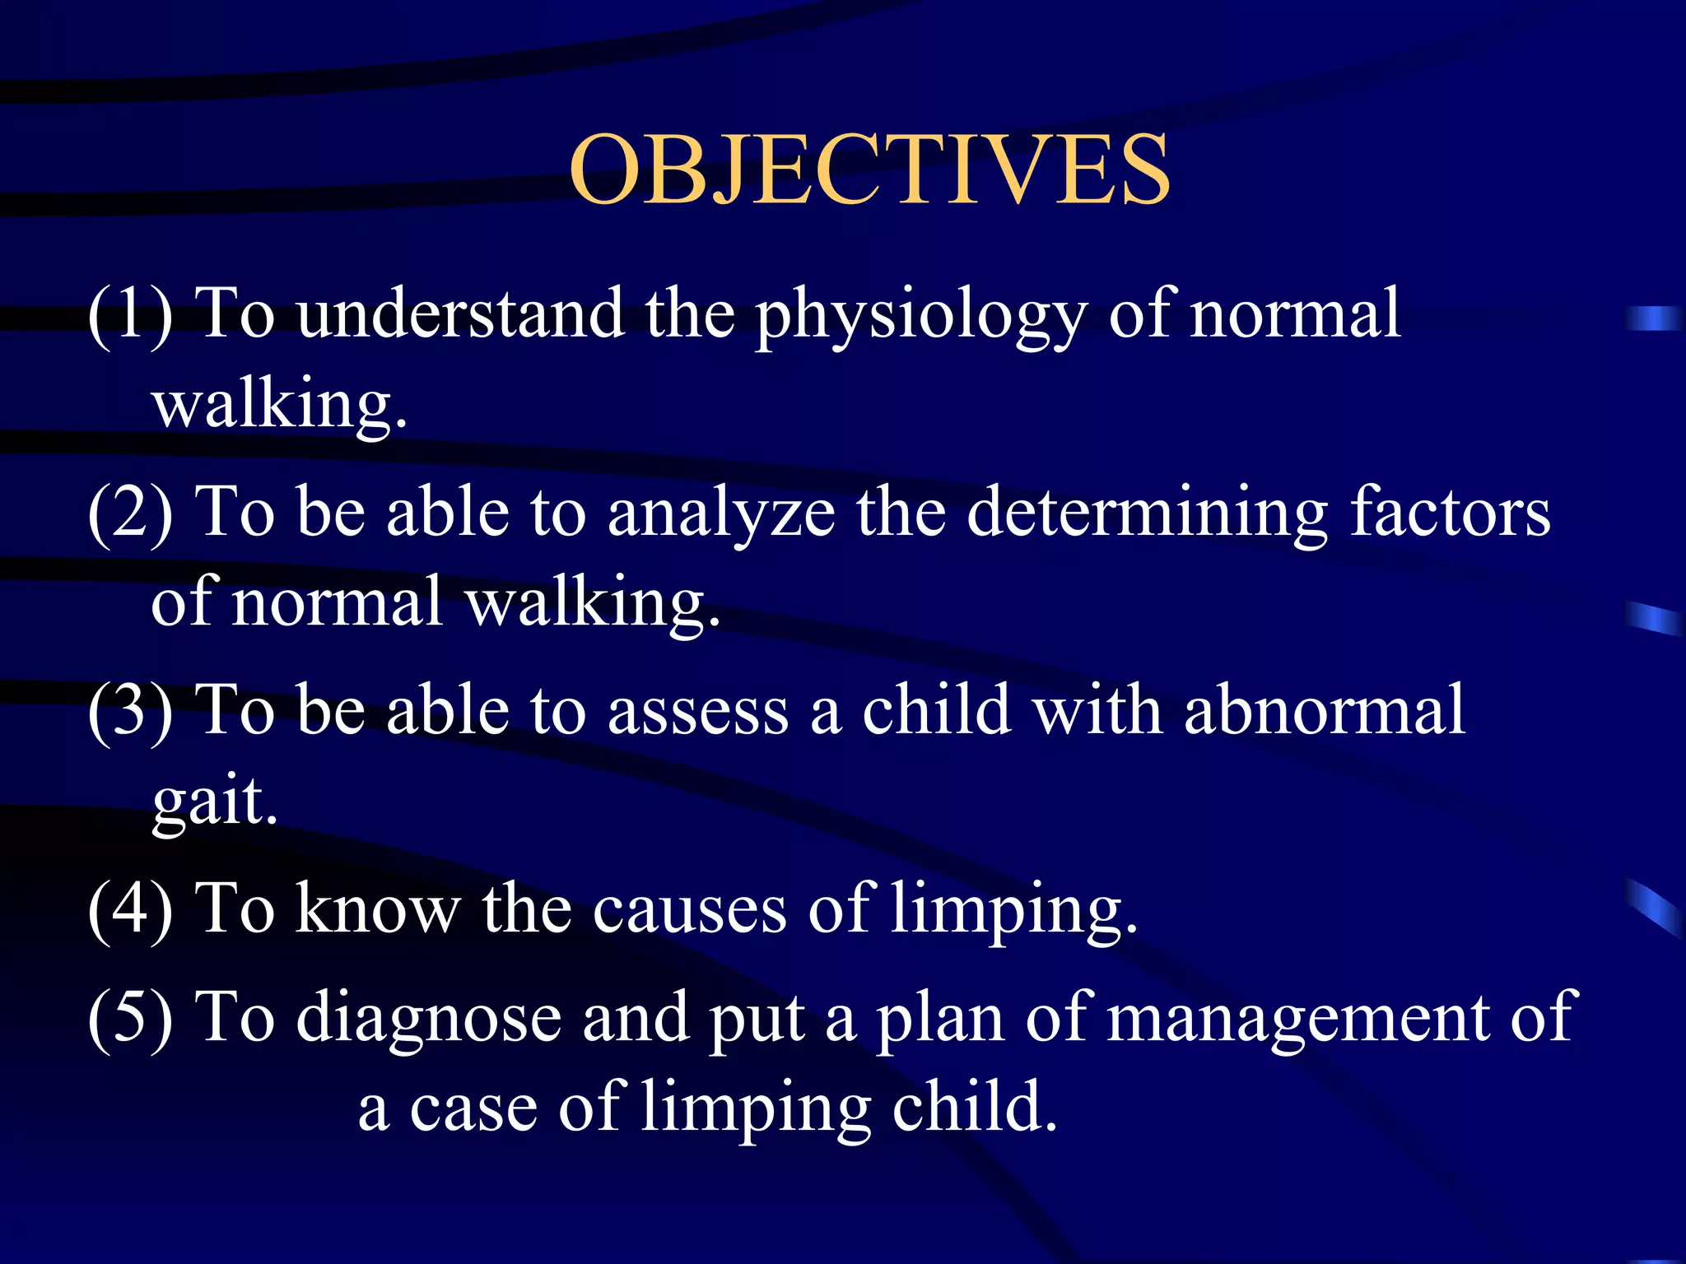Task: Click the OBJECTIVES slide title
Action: tap(869, 170)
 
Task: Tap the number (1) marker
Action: tap(130, 314)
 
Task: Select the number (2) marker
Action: tap(130, 513)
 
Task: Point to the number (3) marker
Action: tap(130, 711)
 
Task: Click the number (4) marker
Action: tap(130, 909)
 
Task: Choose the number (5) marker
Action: tap(130, 1018)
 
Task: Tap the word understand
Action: tap(459, 314)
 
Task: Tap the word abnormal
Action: tap(1324, 709)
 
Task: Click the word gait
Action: tap(214, 802)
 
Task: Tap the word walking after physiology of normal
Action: tap(279, 405)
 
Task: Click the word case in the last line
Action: tap(473, 1109)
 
